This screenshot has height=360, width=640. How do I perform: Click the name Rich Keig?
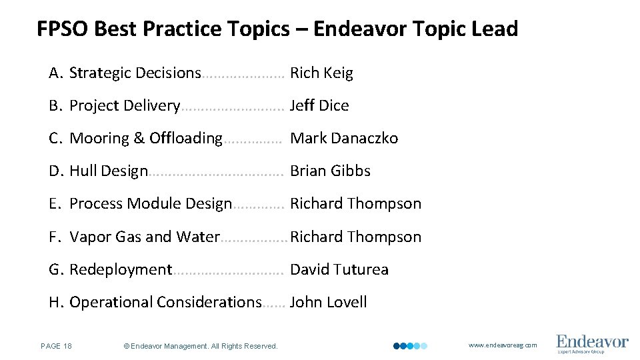coord(321,73)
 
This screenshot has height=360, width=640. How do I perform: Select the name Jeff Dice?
coord(319,106)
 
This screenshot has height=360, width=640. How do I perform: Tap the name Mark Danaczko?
coord(344,139)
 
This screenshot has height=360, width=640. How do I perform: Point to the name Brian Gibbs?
coord(330,171)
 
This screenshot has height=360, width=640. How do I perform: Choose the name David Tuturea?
coord(339,270)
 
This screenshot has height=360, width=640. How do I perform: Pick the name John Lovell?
coord(328,303)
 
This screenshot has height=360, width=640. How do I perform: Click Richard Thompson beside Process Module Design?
coord(355,204)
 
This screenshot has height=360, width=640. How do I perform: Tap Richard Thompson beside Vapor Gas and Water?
coord(356,237)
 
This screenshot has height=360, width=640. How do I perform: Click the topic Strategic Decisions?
coord(135,73)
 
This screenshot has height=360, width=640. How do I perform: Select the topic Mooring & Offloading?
coord(145,139)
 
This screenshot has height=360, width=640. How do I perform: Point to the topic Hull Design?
coord(108,171)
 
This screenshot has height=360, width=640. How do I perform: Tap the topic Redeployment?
coord(121,270)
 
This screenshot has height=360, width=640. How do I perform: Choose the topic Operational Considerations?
coord(165,303)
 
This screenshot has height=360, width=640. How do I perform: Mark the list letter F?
coord(55,237)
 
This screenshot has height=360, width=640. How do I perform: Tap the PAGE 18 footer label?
coord(57,346)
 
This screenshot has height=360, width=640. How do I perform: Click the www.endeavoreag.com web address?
coord(503,345)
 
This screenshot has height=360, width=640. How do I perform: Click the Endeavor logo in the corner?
coord(592,343)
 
